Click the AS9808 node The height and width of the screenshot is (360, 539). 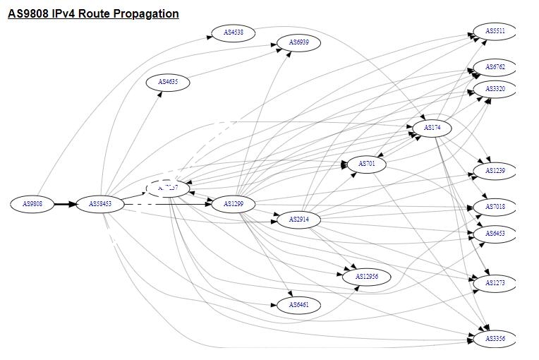click(32, 204)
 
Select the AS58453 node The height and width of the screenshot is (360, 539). click(100, 204)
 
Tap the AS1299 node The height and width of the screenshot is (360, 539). click(234, 204)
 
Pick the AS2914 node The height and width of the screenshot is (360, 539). click(298, 220)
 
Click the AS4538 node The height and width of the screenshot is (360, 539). click(234, 32)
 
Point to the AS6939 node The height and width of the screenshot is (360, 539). click(298, 43)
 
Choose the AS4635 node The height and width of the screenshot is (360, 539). click(168, 83)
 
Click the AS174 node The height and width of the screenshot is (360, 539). click(432, 128)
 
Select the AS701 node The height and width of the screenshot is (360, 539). click(367, 164)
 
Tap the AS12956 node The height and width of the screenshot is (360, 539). click(367, 277)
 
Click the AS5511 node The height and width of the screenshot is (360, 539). click(495, 31)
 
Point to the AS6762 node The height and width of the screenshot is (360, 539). click(495, 67)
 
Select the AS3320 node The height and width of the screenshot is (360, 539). click(495, 89)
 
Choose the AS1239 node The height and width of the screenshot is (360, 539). click(495, 171)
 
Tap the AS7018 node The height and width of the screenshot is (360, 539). click(495, 207)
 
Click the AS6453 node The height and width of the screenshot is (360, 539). click(495, 233)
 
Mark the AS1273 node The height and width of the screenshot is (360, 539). click(495, 283)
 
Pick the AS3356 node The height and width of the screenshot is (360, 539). click(495, 339)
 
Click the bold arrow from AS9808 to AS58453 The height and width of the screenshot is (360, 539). click(65, 204)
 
